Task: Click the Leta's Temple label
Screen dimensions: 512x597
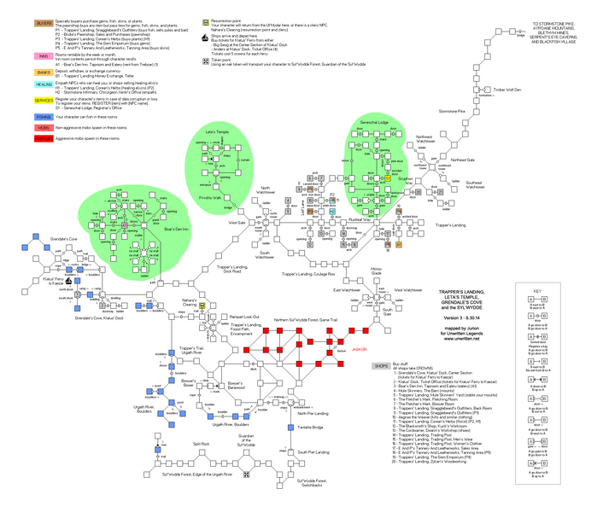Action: click(217, 133)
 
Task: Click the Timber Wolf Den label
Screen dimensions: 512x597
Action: click(506, 88)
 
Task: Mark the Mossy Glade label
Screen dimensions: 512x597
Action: click(376, 271)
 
